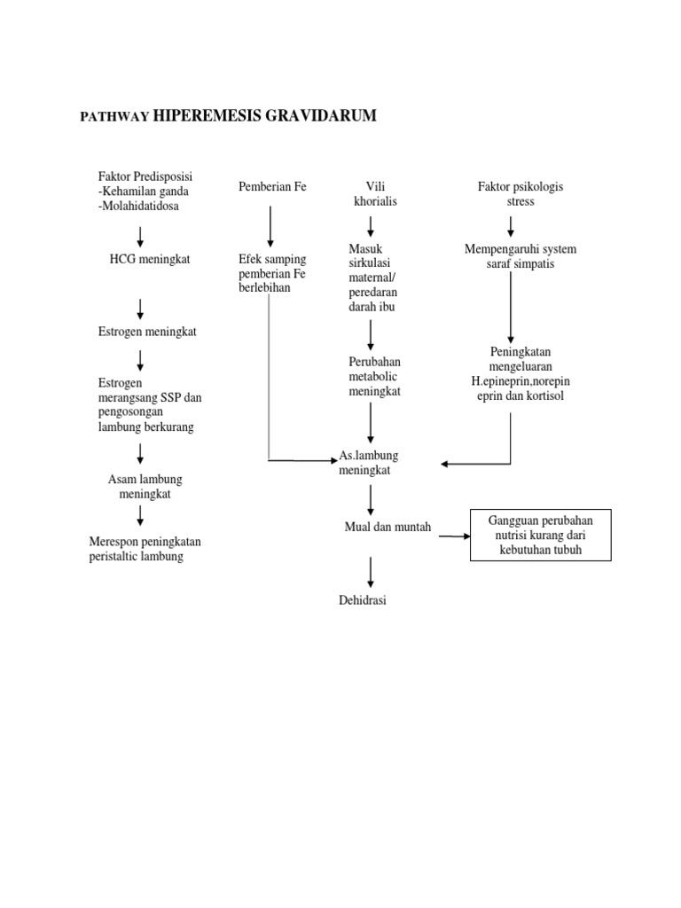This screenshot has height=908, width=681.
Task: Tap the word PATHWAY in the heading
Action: [x=114, y=117]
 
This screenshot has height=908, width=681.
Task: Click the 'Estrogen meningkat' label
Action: [x=146, y=332]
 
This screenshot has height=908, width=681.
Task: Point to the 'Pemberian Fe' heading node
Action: [x=272, y=187]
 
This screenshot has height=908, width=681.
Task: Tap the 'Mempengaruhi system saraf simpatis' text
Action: [x=521, y=256]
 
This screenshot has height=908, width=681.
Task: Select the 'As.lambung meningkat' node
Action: [x=369, y=463]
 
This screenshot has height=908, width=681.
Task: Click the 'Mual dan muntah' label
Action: [x=387, y=527]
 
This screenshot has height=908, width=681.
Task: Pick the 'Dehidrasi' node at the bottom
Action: [x=363, y=600]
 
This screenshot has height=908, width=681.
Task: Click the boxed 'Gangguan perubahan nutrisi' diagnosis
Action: [x=540, y=536]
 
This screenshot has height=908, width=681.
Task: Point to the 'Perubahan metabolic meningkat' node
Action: [x=375, y=377]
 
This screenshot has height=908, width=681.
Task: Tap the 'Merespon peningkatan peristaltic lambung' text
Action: [x=145, y=549]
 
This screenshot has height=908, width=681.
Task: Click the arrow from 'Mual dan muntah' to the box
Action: [x=454, y=536]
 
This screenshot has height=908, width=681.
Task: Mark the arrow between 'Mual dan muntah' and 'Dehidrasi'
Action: [x=371, y=569]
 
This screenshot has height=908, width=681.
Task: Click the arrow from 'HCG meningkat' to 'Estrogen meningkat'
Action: [x=140, y=309]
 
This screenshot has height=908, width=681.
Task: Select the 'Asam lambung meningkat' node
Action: [x=145, y=487]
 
